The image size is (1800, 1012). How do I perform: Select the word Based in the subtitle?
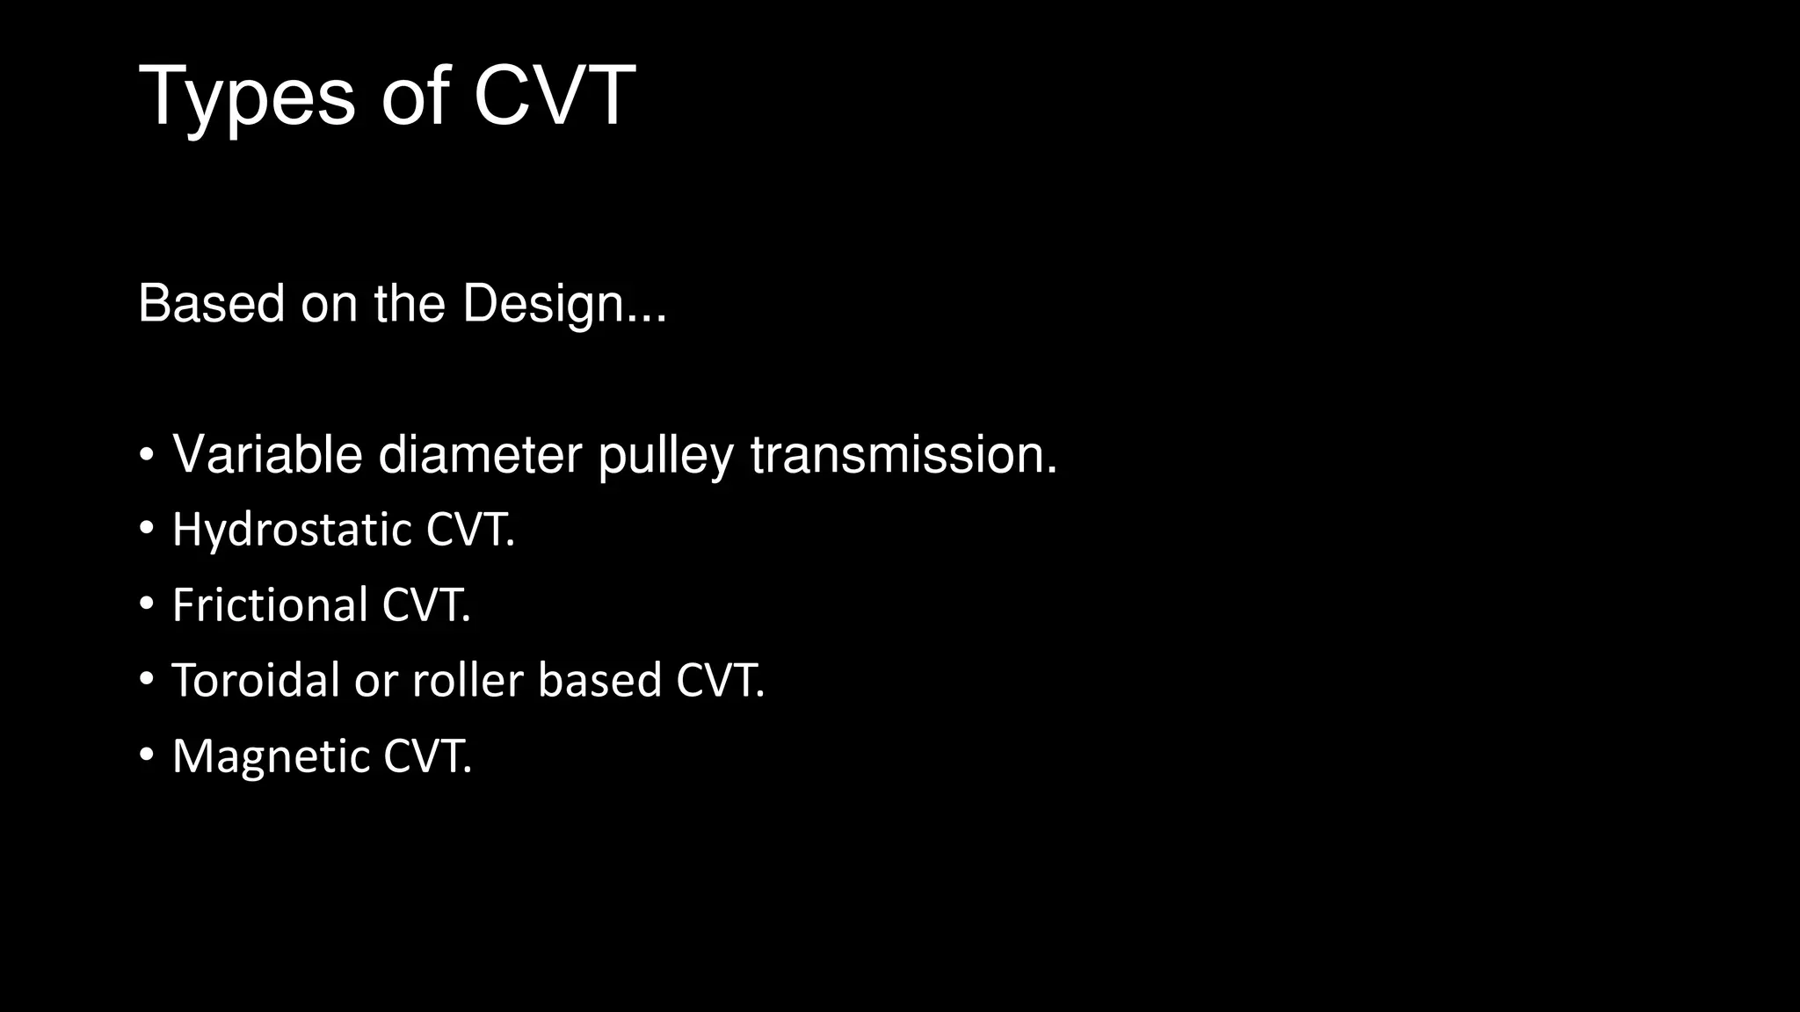(x=211, y=304)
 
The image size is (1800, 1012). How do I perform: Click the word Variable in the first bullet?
(x=267, y=455)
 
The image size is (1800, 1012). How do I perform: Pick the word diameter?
(x=480, y=455)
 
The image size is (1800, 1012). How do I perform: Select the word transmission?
(x=903, y=455)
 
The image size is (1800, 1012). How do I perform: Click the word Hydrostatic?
(x=292, y=531)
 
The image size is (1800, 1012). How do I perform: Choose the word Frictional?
(x=270, y=605)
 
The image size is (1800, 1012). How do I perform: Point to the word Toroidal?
(x=255, y=681)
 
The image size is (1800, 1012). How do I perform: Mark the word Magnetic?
(x=271, y=756)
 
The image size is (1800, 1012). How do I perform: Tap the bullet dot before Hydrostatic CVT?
(x=147, y=529)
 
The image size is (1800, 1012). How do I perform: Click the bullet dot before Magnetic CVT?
(x=147, y=755)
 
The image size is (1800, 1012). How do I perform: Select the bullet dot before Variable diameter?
(x=147, y=455)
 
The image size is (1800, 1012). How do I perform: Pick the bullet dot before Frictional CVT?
(x=147, y=604)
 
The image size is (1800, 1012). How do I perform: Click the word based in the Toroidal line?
(x=599, y=681)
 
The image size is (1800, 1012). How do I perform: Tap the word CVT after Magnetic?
(x=426, y=756)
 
